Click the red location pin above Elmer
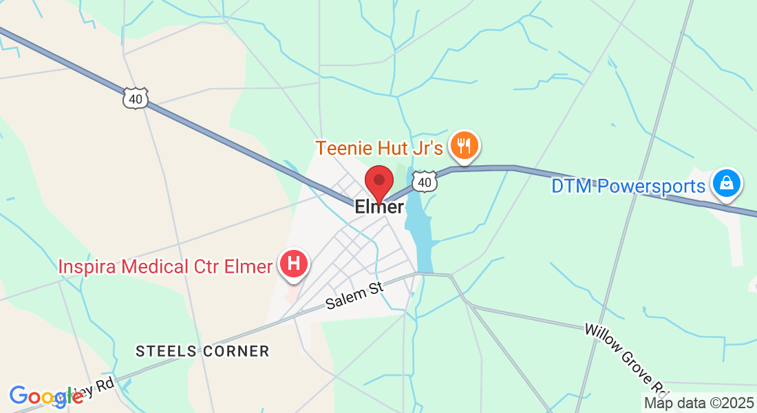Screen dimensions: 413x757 (378, 182)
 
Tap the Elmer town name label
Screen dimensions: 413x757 (378, 206)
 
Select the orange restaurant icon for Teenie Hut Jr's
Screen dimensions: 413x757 (465, 146)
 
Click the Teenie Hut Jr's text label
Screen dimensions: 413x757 (379, 148)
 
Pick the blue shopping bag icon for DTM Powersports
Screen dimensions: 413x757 (727, 183)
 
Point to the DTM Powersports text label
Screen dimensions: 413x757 (628, 187)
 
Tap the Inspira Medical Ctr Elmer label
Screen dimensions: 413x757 (165, 266)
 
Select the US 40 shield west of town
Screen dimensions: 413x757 (135, 98)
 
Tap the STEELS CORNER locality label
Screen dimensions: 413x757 (202, 351)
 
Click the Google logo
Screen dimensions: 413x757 (45, 396)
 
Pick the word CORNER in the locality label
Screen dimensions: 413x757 (235, 351)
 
